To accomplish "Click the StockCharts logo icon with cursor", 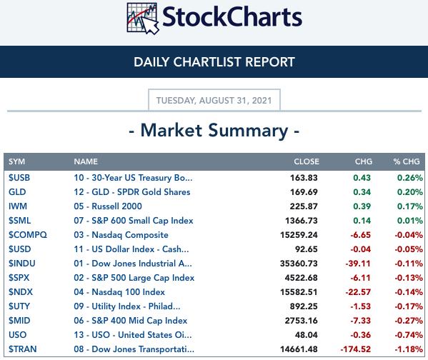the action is coord(143,19).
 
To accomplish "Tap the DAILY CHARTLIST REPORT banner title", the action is coord(214,62).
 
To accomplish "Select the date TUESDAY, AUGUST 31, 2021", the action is coord(214,101).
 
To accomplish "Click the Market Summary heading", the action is coord(214,131).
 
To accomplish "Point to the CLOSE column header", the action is coord(307,161).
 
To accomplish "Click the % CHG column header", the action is coord(407,161).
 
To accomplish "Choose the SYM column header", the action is coord(16,161).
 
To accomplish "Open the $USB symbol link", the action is coord(19,178).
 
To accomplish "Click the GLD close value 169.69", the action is coord(304,192).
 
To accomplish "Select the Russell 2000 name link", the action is coord(108,206).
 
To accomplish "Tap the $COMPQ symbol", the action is coord(28,235).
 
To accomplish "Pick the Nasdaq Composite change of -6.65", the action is coord(360,235).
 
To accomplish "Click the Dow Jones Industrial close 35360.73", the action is coord(299,264).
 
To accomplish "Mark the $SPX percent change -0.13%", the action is coord(409,278).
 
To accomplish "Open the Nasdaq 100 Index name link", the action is coord(119,291).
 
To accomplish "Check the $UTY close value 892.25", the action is coord(304,306).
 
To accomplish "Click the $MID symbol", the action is coord(19,321).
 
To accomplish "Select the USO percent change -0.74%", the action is coord(409,334).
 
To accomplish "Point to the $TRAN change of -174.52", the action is coord(356,349).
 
